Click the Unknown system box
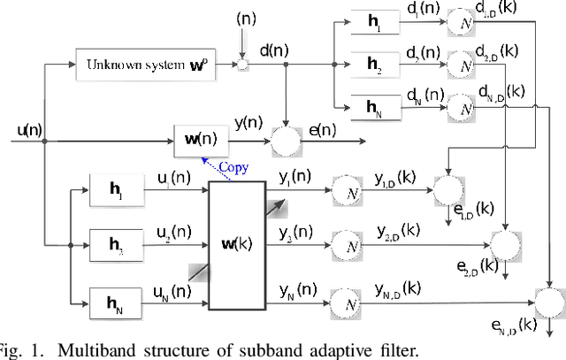[152, 65]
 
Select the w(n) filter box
[203, 138]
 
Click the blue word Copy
[233, 166]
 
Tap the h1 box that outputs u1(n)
[116, 189]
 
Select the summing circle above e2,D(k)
[507, 241]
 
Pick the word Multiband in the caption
[91, 349]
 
